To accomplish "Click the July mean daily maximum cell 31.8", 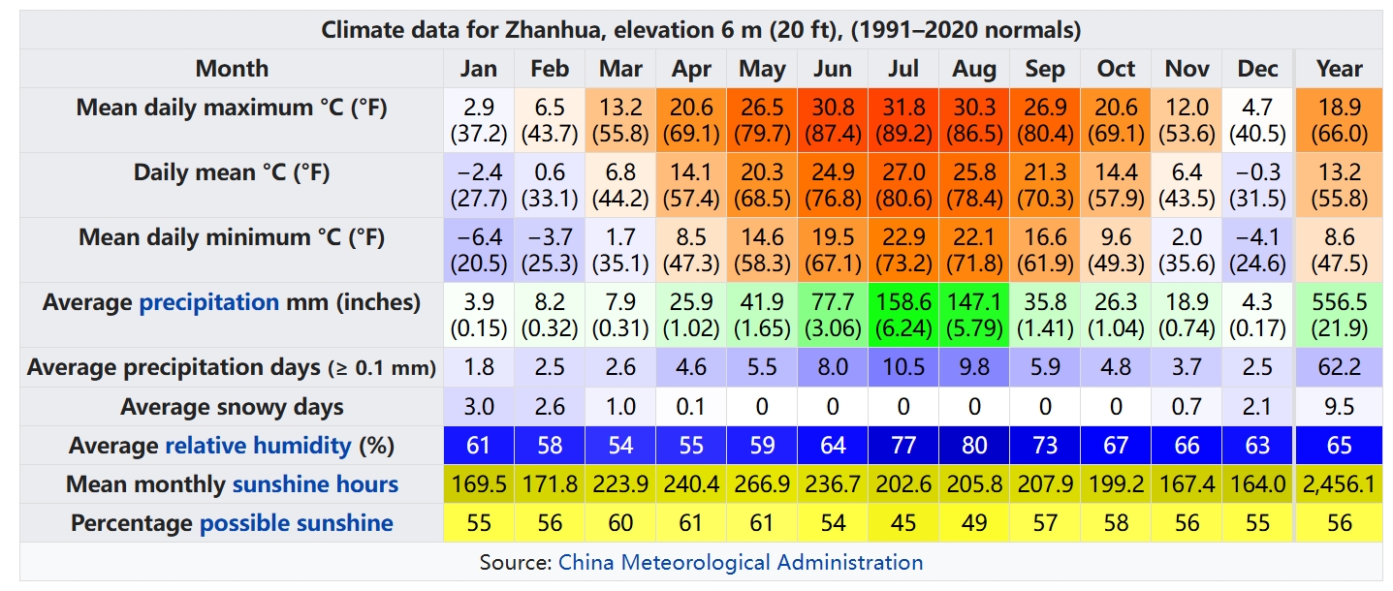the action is point(903,120).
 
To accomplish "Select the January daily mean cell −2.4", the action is point(479,185).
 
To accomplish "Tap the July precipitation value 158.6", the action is point(903,302).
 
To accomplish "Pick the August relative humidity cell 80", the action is point(974,445).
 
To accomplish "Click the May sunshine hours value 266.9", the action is point(762,484).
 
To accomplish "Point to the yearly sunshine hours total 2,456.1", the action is point(1339,484).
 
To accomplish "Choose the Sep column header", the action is point(1045,69).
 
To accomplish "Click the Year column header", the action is point(1339,69).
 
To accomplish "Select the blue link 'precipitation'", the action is point(209,302).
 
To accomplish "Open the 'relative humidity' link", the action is point(258,446).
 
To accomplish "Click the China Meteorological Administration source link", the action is point(741,562).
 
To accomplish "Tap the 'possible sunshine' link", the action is point(296,523).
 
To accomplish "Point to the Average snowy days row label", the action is point(232,407).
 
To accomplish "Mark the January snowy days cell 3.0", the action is point(479,406).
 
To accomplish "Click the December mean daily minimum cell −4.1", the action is point(1257,250).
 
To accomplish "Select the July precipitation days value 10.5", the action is point(903,367).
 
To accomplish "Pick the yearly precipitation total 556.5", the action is point(1339,302).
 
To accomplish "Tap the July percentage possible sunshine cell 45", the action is point(903,522).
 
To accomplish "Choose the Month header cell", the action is point(232,69).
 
